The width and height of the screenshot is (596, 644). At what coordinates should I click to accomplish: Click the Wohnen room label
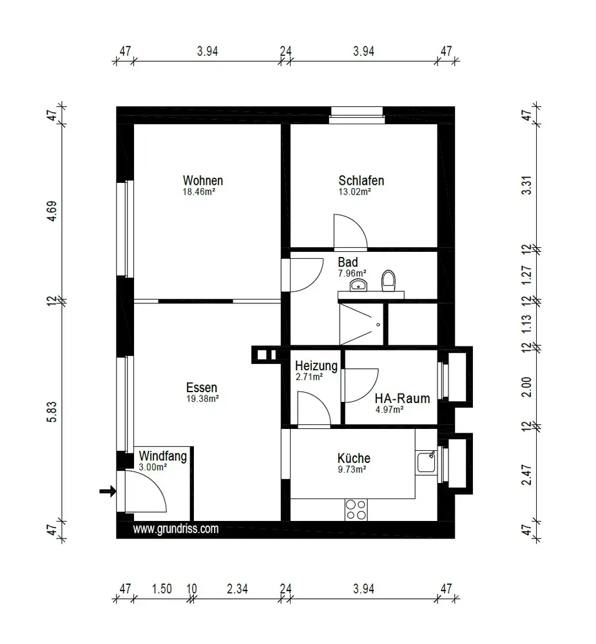click(x=202, y=180)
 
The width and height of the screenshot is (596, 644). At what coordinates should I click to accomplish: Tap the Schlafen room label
click(x=361, y=180)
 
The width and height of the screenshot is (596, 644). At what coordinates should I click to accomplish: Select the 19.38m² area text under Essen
click(x=202, y=399)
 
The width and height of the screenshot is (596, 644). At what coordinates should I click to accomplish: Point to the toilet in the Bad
click(x=388, y=281)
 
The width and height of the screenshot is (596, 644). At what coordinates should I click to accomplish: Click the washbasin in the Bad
click(x=358, y=284)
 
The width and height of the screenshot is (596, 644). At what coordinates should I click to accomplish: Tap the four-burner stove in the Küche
click(x=356, y=509)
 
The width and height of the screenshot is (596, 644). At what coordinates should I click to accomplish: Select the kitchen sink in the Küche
click(x=427, y=462)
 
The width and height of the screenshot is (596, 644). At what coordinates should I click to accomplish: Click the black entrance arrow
click(x=108, y=491)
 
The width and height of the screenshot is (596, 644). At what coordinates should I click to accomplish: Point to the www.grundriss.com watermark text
click(x=175, y=529)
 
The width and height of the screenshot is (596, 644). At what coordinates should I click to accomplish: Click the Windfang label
click(x=163, y=456)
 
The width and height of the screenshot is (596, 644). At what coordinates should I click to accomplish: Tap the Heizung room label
click(x=316, y=366)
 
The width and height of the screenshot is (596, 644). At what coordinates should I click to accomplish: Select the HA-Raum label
click(x=402, y=399)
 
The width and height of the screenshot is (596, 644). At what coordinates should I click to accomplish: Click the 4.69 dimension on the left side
click(x=52, y=211)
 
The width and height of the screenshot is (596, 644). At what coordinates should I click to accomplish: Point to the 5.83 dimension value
click(x=52, y=412)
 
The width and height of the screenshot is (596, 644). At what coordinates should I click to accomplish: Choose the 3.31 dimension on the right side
click(x=526, y=185)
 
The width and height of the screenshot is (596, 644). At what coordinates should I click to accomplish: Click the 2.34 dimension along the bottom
click(x=237, y=589)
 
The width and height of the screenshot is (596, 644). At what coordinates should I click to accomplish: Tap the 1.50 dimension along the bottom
click(x=162, y=589)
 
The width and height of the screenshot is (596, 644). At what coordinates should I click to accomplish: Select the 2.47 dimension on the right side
click(x=526, y=475)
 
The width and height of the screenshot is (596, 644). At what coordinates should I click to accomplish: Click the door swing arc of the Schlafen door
click(x=358, y=224)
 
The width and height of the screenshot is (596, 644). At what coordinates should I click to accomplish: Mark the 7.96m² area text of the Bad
click(x=352, y=273)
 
